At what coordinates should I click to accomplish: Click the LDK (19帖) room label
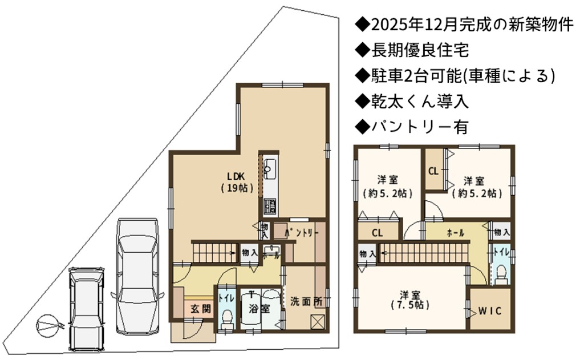coord(237,182)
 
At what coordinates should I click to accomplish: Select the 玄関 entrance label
coord(201,309)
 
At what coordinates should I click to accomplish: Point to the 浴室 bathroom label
coord(259,309)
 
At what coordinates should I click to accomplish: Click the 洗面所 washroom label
coord(306,301)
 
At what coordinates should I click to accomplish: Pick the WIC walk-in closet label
coord(490,311)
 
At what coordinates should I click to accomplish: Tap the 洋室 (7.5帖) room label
coord(410,300)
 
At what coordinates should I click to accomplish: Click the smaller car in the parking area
coord(87,309)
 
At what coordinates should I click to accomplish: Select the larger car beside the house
coord(137,276)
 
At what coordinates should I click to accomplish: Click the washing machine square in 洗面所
coord(318,322)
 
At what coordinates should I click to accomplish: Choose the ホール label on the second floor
coord(455,233)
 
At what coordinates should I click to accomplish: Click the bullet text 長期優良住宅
coord(420,50)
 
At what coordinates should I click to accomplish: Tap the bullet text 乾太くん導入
coord(420,102)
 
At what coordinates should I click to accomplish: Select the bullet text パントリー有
coord(420,127)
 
